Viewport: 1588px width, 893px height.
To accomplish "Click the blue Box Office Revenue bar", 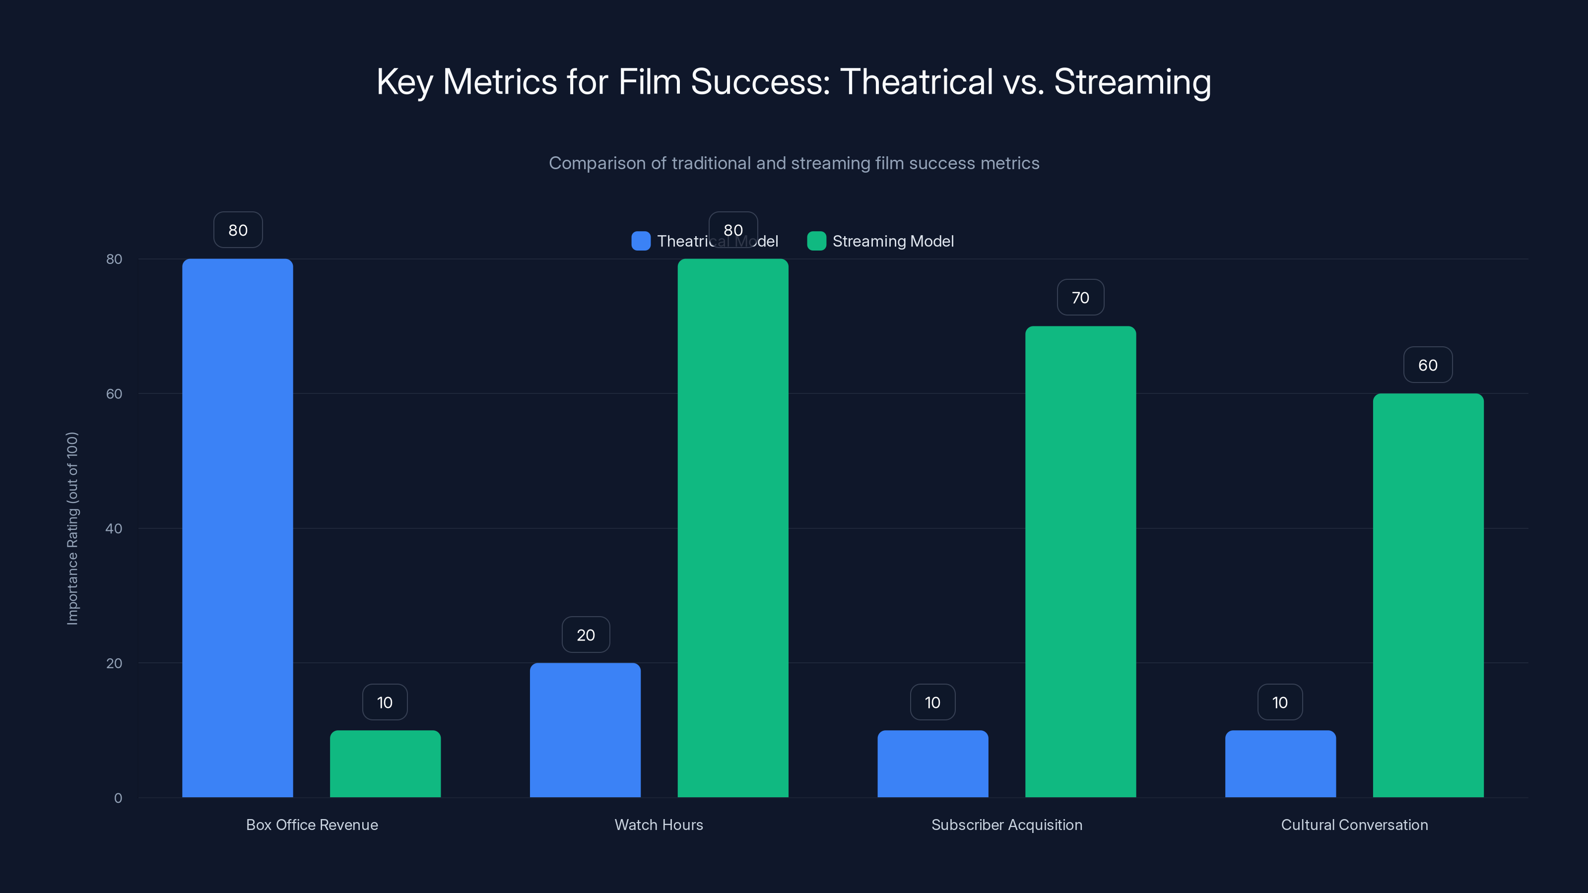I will (x=237, y=527).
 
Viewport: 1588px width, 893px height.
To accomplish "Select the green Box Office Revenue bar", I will (x=385, y=764).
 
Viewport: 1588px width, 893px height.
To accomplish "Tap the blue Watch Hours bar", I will (x=585, y=730).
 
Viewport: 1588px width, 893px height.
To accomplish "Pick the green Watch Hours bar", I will (x=733, y=527).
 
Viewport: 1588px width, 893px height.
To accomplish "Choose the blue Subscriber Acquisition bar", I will (x=933, y=764).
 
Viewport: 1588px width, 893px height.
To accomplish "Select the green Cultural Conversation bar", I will (x=1428, y=595).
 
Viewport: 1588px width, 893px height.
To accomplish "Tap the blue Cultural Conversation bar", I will (x=1280, y=764).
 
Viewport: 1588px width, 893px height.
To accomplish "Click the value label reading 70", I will (x=1080, y=298).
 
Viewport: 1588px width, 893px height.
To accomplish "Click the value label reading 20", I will (x=586, y=635).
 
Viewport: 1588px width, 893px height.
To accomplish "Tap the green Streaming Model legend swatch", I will (x=816, y=241).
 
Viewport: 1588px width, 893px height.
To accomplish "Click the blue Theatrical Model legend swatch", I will (x=641, y=241).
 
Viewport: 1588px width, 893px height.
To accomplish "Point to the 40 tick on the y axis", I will (x=114, y=528).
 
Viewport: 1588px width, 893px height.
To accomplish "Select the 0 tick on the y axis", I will (x=118, y=798).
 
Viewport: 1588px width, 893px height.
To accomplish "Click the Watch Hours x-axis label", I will (x=659, y=825).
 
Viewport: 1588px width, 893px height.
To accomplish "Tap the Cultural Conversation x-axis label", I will (x=1354, y=825).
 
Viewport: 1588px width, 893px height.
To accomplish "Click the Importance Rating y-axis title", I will (x=73, y=528).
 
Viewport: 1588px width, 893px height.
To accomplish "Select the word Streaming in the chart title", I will (x=1132, y=82).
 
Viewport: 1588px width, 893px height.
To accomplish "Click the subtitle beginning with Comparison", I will (x=794, y=163).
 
